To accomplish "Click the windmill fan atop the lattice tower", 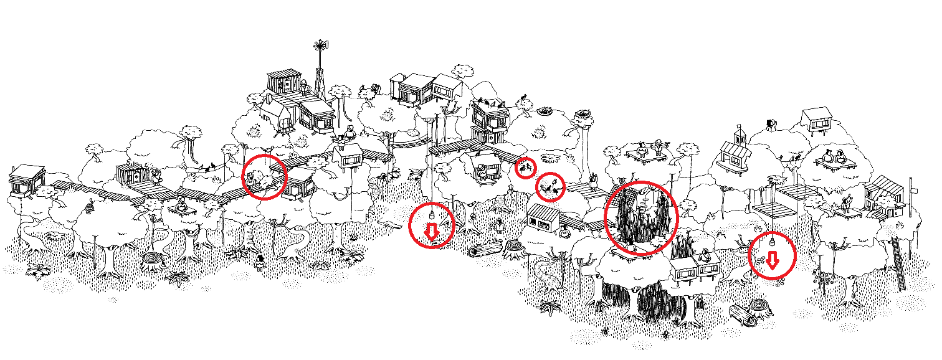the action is (320, 45).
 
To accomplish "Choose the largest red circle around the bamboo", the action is (641, 217).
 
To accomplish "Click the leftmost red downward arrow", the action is (431, 232).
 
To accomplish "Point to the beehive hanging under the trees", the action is (92, 205).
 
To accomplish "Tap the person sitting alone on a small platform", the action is (181, 205).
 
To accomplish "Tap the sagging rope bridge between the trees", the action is (408, 145).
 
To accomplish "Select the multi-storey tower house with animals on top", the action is (489, 121).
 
